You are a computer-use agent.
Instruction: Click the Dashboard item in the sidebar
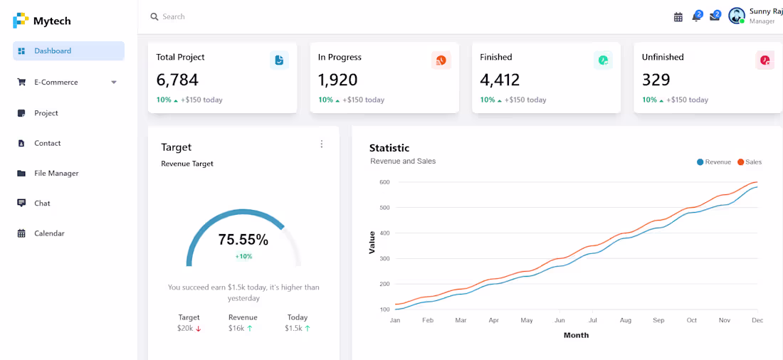tap(68, 51)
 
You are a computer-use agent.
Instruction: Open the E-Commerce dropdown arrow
tap(114, 83)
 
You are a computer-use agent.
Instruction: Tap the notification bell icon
tap(697, 16)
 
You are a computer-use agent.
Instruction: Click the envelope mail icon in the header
tap(715, 16)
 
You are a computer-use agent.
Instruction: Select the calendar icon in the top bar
tap(678, 17)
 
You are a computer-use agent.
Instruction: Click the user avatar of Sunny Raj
tap(737, 16)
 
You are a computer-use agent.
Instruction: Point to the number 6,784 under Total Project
tap(177, 80)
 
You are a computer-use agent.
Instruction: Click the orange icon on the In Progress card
tap(441, 60)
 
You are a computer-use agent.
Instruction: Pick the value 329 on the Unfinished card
tap(656, 80)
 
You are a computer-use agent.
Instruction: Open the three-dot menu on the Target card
tap(322, 144)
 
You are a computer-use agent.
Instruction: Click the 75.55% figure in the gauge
tap(243, 240)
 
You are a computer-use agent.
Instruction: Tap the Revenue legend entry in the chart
tap(713, 162)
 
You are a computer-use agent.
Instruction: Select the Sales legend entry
tap(750, 162)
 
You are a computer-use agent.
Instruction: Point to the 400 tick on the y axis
tap(384, 233)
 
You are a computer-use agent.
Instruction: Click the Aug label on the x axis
tap(625, 321)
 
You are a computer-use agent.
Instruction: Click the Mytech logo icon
tap(21, 21)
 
